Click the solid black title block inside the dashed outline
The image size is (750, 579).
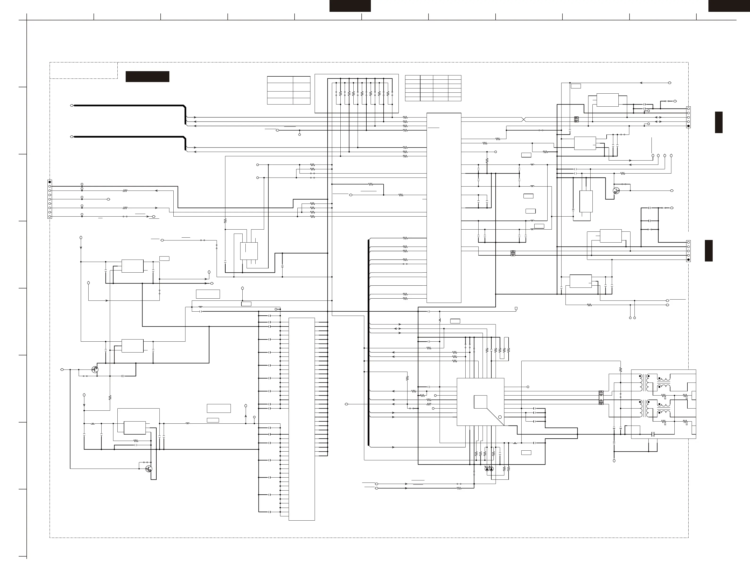coord(147,76)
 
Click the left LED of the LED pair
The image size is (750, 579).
coord(487,469)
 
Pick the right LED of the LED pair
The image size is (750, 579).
coord(491,469)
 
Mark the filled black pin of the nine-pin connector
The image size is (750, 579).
coord(50,182)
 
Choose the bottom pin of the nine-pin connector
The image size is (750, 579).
coord(50,217)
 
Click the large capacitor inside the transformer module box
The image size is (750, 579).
coord(653,434)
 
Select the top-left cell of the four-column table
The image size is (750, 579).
coord(412,78)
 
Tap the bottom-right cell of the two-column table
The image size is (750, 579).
coord(301,101)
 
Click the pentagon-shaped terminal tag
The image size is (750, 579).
coord(516,309)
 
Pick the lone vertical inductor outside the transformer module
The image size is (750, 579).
coord(440,320)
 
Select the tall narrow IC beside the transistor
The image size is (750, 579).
coord(586,201)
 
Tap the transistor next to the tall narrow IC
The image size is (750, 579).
coord(616,191)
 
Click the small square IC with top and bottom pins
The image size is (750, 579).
coord(249,251)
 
